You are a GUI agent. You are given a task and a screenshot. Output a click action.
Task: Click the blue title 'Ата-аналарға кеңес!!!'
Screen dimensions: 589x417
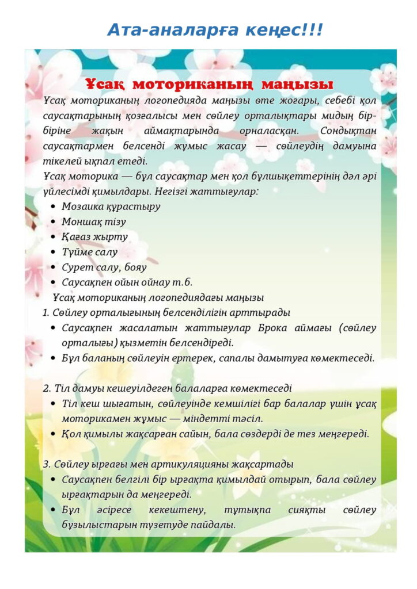pos(215,29)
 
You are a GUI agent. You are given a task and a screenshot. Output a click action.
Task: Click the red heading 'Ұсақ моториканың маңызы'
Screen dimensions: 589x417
pos(209,84)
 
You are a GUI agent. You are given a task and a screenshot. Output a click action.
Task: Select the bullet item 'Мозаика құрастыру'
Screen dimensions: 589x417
pos(111,206)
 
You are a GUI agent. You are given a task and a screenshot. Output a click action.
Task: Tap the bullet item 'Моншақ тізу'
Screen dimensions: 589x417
pos(94,221)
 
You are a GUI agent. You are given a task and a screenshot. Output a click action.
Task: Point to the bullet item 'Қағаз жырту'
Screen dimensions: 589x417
pos(95,236)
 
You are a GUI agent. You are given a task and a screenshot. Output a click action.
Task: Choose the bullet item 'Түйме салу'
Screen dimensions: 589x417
pos(90,252)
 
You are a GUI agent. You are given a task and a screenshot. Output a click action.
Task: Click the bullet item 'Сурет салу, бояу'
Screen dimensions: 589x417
pos(104,267)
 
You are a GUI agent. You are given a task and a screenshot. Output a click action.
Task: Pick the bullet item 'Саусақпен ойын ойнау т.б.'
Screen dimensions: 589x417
pos(127,282)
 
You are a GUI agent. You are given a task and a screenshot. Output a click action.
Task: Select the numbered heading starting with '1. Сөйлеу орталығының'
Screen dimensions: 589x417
pos(166,312)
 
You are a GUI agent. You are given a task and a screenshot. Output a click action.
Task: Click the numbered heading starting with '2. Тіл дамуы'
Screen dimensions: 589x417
pos(167,388)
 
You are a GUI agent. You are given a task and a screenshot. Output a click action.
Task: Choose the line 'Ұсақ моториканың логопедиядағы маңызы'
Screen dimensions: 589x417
pos(158,297)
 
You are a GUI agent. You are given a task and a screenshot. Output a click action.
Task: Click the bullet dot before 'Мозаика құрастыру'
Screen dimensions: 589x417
pos(53,206)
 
